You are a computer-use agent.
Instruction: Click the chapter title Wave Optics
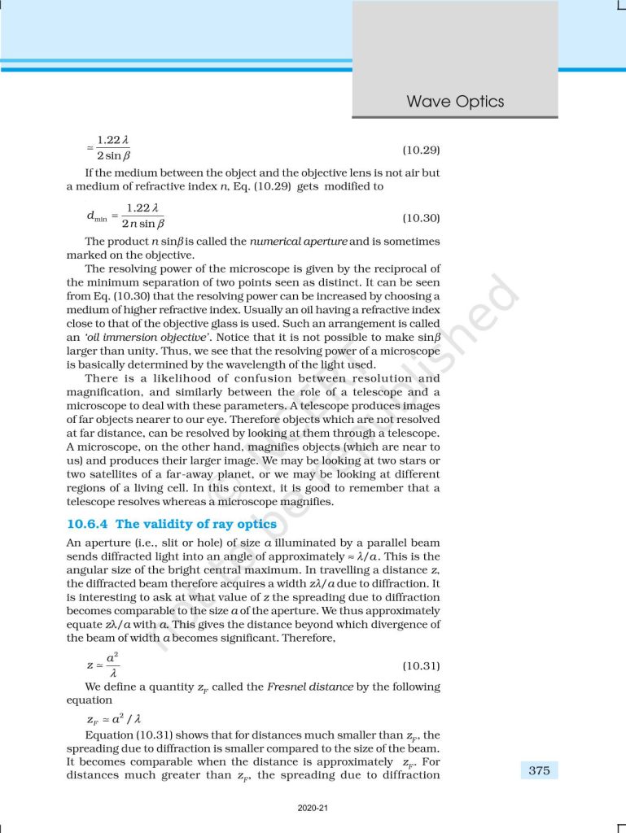455,102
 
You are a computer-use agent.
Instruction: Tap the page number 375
539,770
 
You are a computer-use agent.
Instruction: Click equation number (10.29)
422,150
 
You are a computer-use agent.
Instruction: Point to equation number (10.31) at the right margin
422,665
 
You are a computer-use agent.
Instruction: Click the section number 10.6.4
88,524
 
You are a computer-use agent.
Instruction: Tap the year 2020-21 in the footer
313,808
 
